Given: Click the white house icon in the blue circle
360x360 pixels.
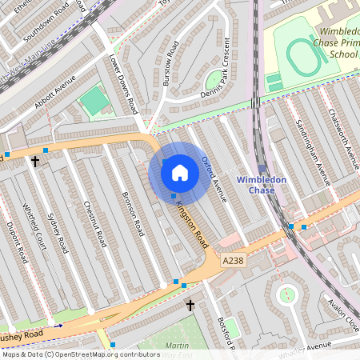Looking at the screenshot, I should (x=180, y=171).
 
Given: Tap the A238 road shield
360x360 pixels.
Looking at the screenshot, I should (x=234, y=260).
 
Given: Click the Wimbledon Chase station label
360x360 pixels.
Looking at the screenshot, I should (x=262, y=185).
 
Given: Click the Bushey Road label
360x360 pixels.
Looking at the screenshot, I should (x=20, y=330).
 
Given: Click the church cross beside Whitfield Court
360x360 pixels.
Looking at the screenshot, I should (x=34, y=162).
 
